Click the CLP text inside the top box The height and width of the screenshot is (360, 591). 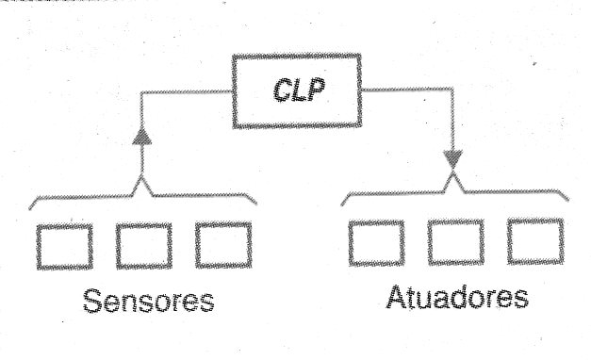coord(300,90)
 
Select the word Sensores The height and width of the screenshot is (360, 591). coord(149,301)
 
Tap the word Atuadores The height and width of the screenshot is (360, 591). coord(457,297)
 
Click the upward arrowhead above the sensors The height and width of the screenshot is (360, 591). coord(142,137)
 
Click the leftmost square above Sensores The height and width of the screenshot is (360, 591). coord(64,247)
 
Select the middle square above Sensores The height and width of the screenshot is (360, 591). coord(143,246)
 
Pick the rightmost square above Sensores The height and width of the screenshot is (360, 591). coord(223,245)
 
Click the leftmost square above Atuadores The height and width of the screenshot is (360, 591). coord(376,243)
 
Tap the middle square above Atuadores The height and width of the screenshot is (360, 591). coord(455,242)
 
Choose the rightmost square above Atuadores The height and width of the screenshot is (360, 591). coord(535,241)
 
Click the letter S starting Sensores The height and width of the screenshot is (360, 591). coord(92,301)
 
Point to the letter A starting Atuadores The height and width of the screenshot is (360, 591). coord(397,296)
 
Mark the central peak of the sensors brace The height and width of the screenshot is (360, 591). coord(142,176)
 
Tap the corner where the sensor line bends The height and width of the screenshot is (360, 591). coord(141,92)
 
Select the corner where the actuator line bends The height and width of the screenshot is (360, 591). coord(452,90)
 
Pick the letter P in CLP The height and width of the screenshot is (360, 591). coord(317,89)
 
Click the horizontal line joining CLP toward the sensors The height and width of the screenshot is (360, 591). coord(187,91)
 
